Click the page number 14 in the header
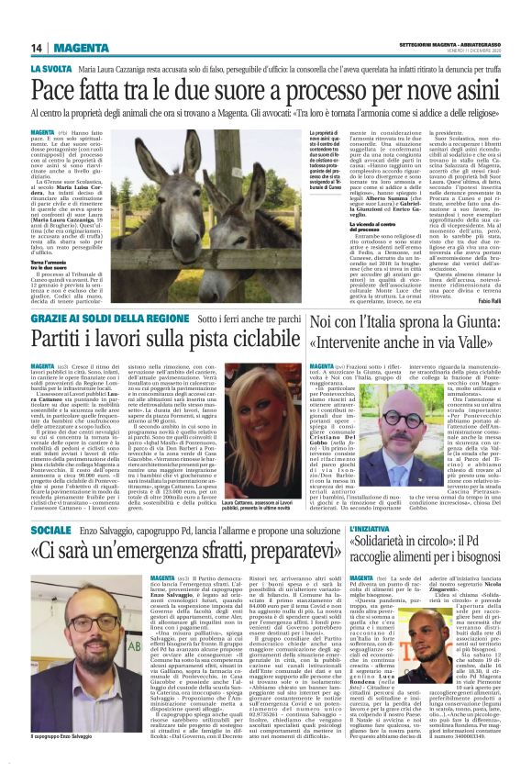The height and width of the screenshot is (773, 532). point(36,48)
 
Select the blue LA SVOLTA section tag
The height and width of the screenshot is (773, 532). point(51,70)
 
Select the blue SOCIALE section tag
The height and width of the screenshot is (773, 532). point(50,531)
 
